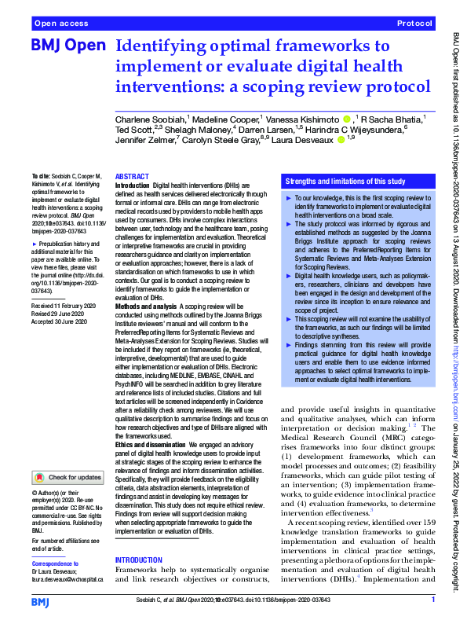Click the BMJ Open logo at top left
coord(67,46)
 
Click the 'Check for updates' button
coord(68,477)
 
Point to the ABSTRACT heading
coord(131,177)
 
